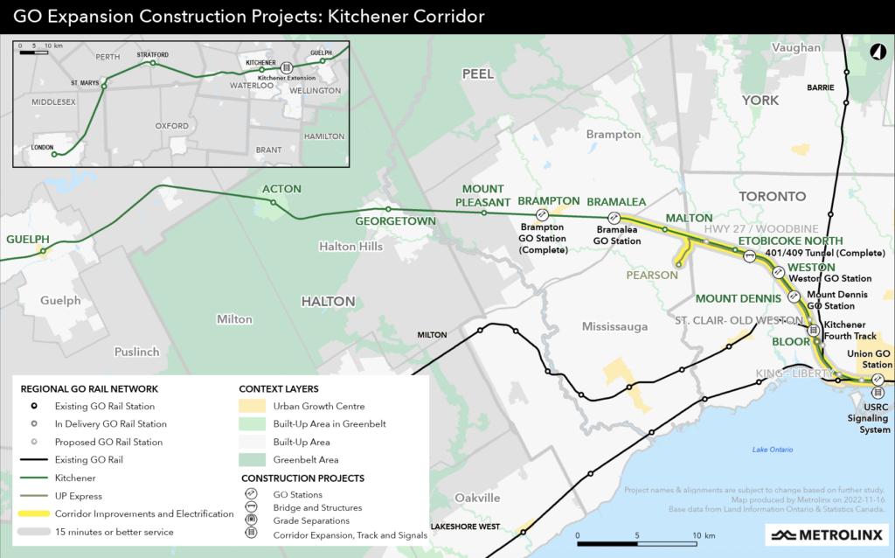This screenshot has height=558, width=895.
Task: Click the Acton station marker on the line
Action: tap(274, 203)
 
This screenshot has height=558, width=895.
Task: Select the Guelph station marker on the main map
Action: tap(43, 252)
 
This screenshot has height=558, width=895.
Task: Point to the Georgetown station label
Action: tap(395, 221)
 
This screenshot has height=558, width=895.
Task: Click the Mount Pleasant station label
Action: tap(482, 195)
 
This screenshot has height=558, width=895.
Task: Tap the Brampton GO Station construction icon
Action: tap(542, 213)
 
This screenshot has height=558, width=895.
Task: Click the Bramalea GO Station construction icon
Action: tap(614, 218)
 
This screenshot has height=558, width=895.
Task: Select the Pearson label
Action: tap(651, 275)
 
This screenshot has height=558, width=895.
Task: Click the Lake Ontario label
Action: tap(773, 450)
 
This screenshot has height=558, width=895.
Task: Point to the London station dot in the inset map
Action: tap(54, 154)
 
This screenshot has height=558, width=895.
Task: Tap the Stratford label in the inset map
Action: tap(151, 54)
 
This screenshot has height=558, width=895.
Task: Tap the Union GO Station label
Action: tap(871, 359)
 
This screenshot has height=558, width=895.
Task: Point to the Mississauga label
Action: tap(614, 326)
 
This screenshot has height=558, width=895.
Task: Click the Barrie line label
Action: tap(820, 87)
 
